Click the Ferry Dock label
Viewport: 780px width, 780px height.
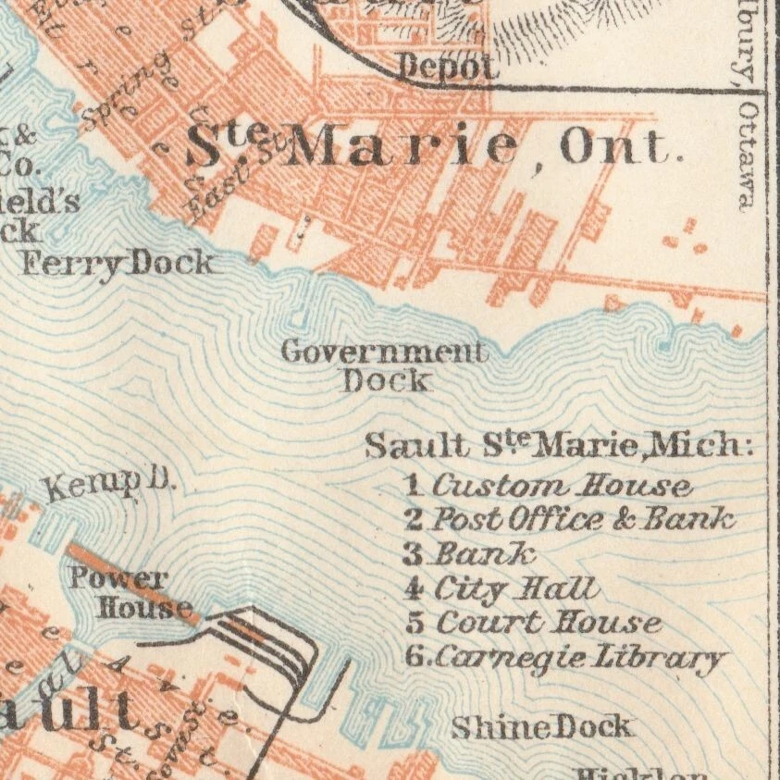click(117, 264)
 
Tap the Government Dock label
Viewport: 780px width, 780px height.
click(384, 365)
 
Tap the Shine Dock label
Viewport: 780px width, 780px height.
click(541, 727)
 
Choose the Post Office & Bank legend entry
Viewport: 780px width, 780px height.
click(583, 518)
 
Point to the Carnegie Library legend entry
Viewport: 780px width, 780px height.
click(578, 658)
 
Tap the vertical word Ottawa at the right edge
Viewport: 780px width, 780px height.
click(747, 155)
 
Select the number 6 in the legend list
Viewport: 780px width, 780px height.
click(415, 658)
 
